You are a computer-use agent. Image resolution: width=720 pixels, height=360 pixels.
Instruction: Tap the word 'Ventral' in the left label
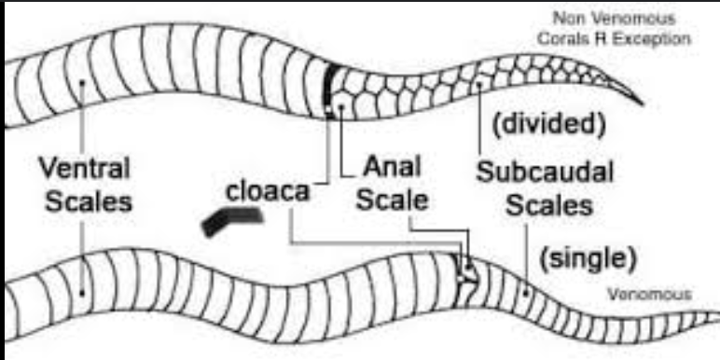[x=84, y=172]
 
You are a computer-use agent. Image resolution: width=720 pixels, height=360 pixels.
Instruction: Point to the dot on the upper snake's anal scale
[x=344, y=105]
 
